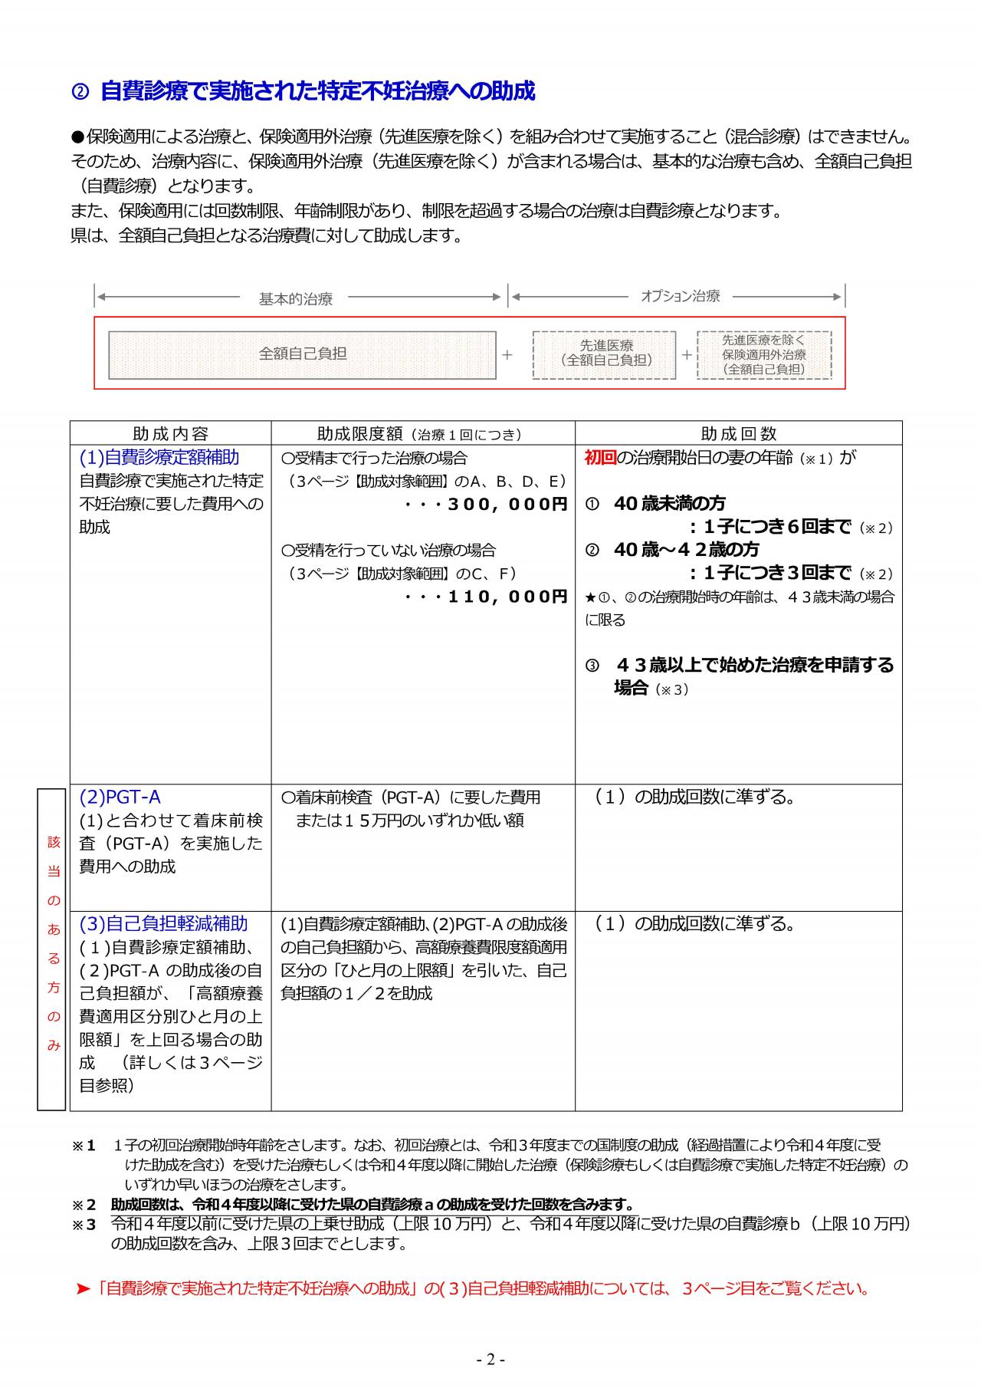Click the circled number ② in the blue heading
point(80,92)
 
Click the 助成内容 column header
point(170,434)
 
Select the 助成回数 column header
point(738,434)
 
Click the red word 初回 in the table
point(600,458)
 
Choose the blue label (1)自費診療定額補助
point(159,457)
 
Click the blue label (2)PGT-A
point(120,797)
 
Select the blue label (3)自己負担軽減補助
point(163,923)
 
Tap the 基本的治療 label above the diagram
point(296,299)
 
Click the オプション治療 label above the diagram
point(680,296)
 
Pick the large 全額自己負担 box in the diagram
point(302,354)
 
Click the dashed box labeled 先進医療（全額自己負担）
point(605,354)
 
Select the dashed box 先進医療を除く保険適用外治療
point(764,354)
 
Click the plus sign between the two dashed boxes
point(687,354)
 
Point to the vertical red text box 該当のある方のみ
point(52,949)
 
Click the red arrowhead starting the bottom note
point(84,1289)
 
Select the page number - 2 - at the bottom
point(490,1360)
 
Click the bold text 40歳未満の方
point(669,504)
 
